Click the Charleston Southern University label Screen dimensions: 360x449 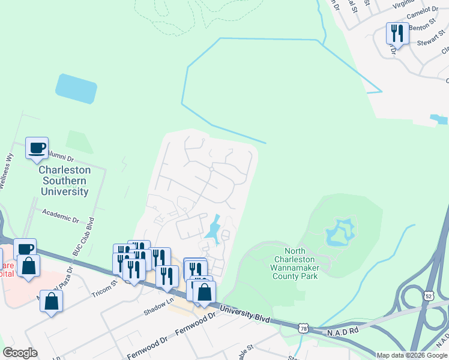64,181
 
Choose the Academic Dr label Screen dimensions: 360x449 60,215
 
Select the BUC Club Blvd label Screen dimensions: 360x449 84,235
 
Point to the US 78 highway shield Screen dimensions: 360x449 304,328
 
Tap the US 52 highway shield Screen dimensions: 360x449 428,295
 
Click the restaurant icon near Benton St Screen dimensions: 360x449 397,33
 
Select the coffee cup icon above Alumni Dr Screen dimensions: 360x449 37,148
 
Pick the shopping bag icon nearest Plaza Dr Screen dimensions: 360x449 52,302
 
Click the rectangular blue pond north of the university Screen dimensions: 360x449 76,89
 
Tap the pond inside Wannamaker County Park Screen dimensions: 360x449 340,233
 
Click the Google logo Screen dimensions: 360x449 20,353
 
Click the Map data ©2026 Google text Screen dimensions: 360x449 412,355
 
